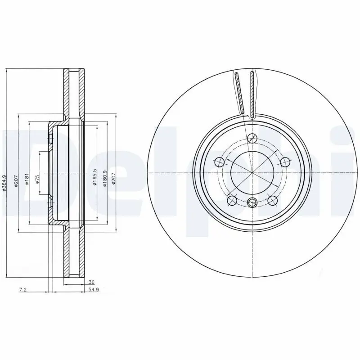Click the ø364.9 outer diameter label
tap(4, 183)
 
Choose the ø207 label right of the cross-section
tap(114, 179)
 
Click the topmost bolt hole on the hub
tap(252, 138)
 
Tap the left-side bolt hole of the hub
tap(220, 162)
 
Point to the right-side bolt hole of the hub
tap(285, 162)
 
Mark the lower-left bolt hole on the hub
tap(232, 200)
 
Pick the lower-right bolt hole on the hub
tap(272, 200)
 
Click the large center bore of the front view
tap(252, 173)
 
